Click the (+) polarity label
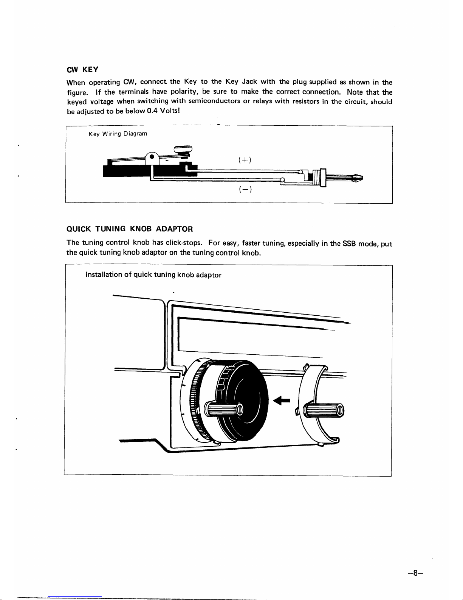tap(245, 160)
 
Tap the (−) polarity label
tap(245, 190)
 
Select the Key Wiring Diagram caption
tap(118, 134)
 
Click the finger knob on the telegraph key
tap(183, 148)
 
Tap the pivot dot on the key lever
tap(151, 157)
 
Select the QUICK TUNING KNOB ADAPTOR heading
tap(130, 229)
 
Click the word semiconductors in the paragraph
tap(214, 101)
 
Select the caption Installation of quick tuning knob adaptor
tap(153, 275)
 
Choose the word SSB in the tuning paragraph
tap(349, 243)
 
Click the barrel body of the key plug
tap(318, 177)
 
